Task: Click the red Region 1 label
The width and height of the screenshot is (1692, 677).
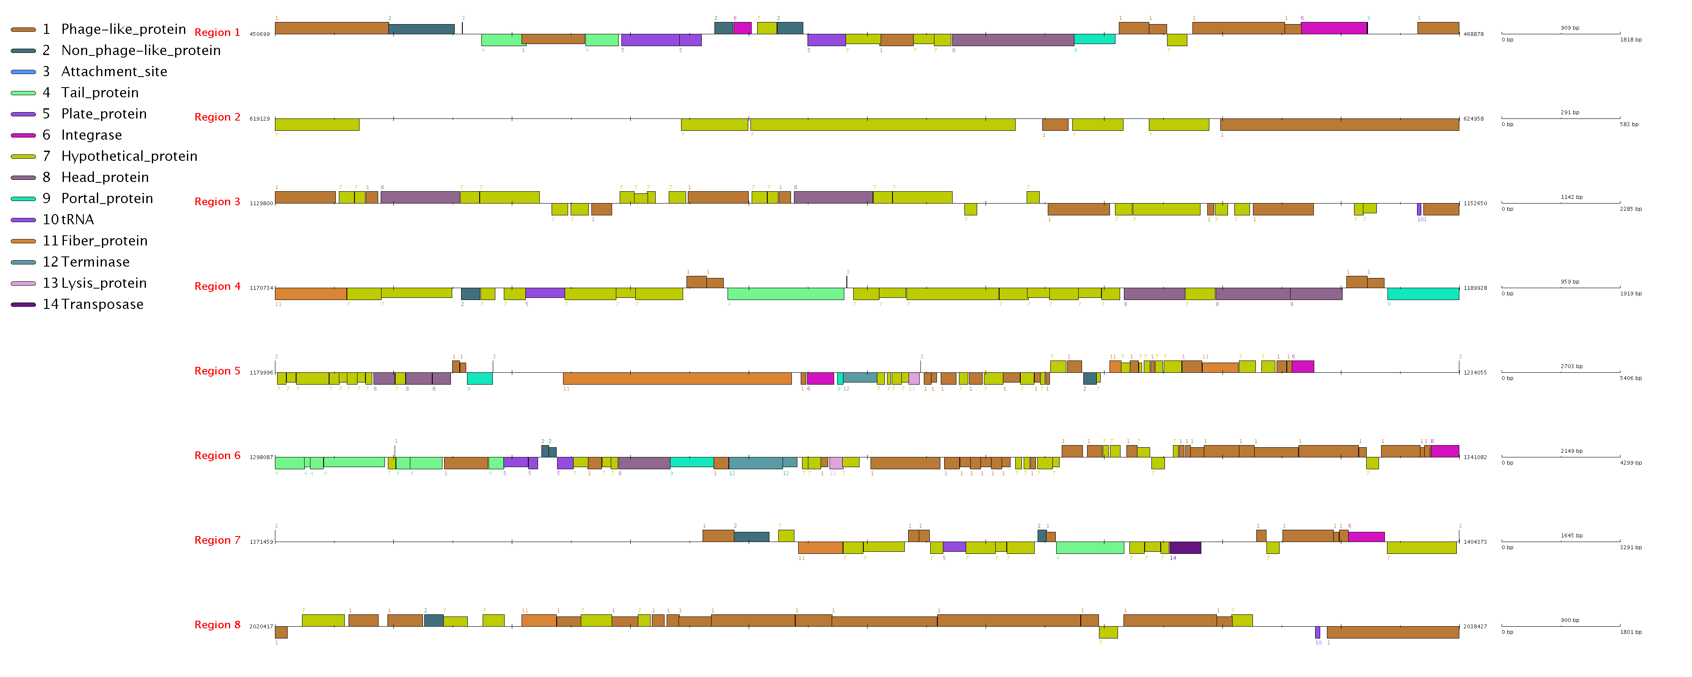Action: (x=217, y=32)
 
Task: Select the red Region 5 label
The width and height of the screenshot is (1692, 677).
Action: (x=217, y=371)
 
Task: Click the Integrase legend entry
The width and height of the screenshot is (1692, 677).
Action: (x=91, y=135)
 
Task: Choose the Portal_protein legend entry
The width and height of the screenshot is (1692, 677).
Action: (x=107, y=198)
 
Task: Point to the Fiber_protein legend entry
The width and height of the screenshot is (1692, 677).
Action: (x=104, y=241)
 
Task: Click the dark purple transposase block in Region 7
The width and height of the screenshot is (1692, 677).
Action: (x=1185, y=548)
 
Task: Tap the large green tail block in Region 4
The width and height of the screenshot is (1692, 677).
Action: (x=786, y=294)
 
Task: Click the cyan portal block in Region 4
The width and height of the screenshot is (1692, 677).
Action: (x=1423, y=294)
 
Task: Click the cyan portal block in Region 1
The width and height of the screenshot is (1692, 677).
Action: (x=1094, y=39)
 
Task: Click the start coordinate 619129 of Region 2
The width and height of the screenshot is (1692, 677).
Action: (x=259, y=119)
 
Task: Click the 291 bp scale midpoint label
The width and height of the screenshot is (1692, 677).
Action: (x=1570, y=113)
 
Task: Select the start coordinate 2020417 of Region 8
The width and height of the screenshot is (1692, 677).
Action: (x=261, y=626)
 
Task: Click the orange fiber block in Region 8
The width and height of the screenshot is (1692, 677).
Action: (x=538, y=620)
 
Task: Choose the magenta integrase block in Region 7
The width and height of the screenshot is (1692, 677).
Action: (x=1366, y=537)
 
